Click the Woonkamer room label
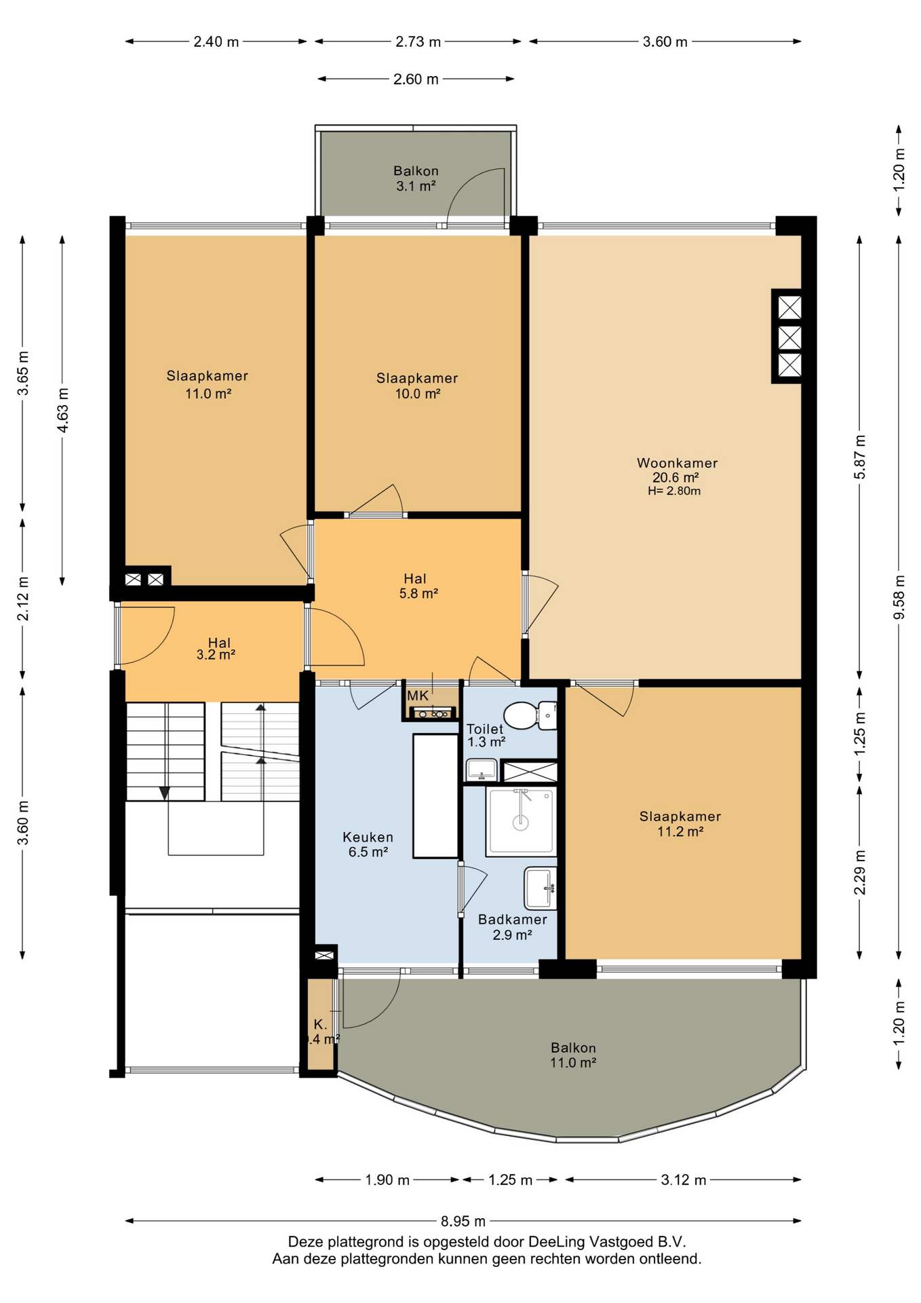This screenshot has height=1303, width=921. (x=677, y=463)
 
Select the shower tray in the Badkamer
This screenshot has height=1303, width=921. (x=521, y=820)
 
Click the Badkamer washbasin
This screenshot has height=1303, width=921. (x=540, y=888)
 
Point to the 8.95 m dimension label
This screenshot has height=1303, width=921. (x=463, y=1221)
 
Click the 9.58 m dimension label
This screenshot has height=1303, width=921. (x=899, y=597)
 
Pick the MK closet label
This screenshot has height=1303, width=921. (x=418, y=696)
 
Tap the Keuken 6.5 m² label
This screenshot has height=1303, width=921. (x=368, y=844)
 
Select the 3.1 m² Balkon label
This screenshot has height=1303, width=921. (x=416, y=178)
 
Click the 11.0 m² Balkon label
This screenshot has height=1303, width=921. (x=573, y=1055)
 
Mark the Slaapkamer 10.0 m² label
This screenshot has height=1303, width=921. (x=417, y=385)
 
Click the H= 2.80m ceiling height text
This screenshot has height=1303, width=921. (x=674, y=491)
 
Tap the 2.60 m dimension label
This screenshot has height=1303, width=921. (x=416, y=79)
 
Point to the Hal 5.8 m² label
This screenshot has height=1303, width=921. (x=418, y=586)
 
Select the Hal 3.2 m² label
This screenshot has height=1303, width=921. (x=216, y=648)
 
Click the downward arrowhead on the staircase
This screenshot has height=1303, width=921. (x=164, y=793)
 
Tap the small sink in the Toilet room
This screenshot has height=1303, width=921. (x=482, y=770)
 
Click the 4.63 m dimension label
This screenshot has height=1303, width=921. (x=62, y=409)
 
